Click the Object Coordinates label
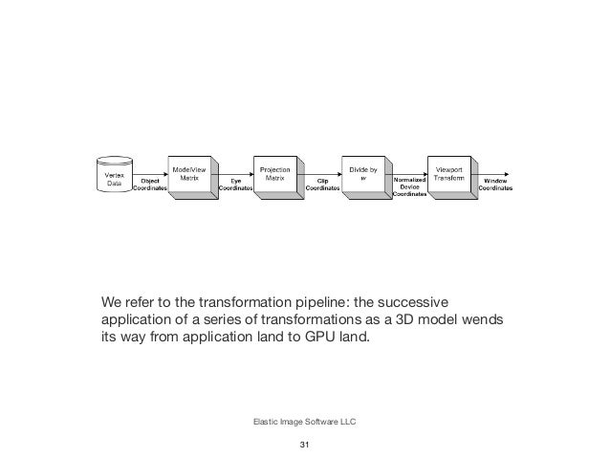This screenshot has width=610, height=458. click(150, 185)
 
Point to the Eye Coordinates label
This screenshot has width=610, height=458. click(235, 185)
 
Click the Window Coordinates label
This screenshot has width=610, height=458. click(495, 185)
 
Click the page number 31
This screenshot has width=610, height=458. click(305, 447)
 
